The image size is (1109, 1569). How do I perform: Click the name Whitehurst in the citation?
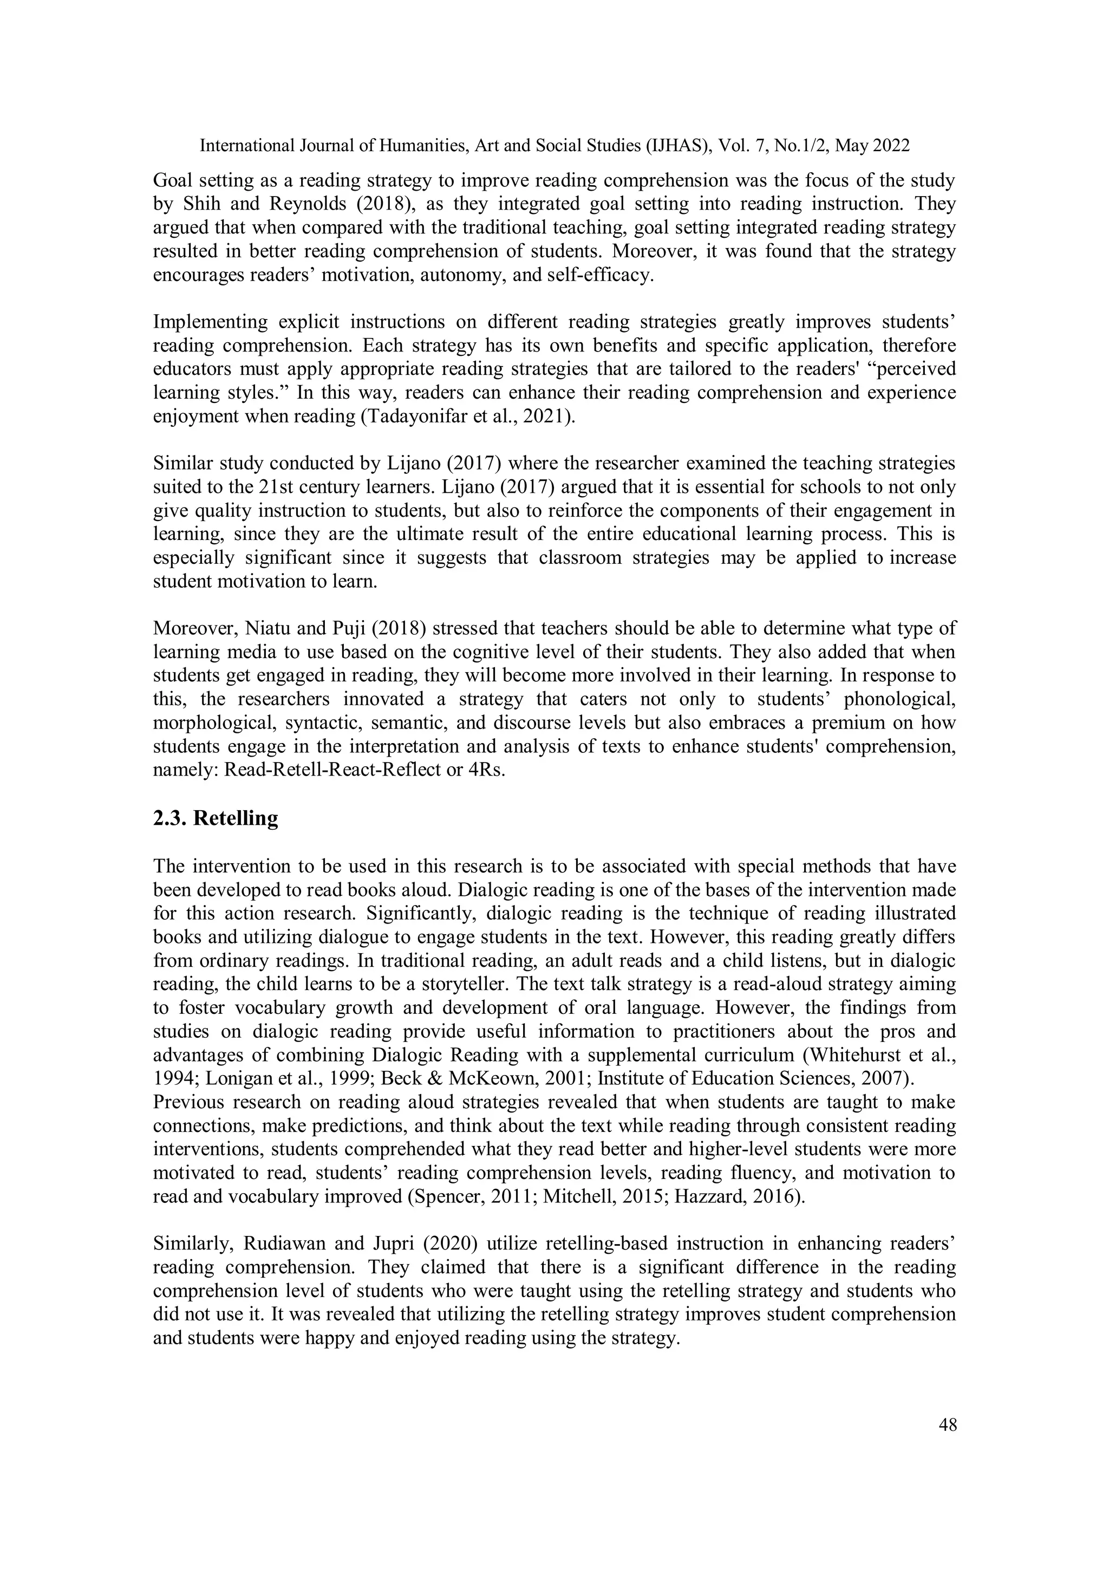(858, 1055)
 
